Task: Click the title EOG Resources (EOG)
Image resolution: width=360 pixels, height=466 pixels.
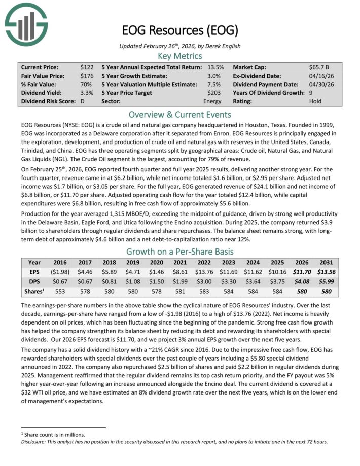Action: click(x=179, y=30)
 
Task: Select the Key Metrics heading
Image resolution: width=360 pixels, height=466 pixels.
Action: click(x=179, y=56)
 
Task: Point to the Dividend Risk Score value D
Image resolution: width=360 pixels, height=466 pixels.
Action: click(x=83, y=101)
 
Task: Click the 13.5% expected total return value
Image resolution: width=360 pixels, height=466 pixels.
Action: click(x=216, y=67)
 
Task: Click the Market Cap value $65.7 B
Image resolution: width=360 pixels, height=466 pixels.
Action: click(x=320, y=67)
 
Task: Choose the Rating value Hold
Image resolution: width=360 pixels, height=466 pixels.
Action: click(x=315, y=101)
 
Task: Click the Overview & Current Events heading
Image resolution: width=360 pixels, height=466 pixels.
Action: click(x=179, y=114)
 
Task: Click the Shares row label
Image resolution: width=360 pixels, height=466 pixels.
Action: click(x=34, y=291)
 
